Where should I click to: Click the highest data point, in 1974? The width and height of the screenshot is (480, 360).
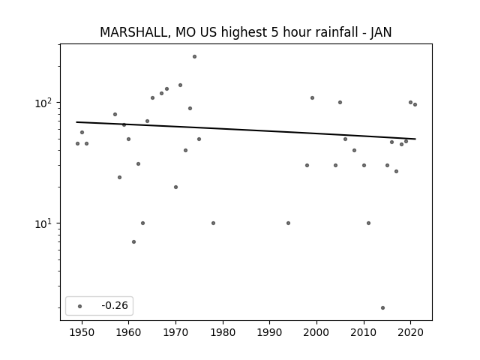(x=194, y=57)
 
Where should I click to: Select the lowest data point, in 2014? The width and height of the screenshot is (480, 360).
(x=382, y=307)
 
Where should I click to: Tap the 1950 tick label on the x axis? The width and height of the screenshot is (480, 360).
(x=82, y=332)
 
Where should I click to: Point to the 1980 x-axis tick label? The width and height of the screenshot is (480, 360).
(x=223, y=332)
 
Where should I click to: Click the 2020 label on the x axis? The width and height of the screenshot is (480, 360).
(x=410, y=332)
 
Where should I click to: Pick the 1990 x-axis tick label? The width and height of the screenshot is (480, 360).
(x=270, y=332)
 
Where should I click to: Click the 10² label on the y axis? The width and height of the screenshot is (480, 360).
(x=43, y=103)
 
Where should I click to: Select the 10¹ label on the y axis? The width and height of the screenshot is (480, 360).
(x=43, y=223)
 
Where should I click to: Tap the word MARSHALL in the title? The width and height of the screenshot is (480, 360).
(x=133, y=32)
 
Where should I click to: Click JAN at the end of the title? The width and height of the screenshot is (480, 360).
(x=381, y=32)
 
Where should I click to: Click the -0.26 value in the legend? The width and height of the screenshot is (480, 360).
(x=115, y=305)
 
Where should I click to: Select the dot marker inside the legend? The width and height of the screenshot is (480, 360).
(x=80, y=306)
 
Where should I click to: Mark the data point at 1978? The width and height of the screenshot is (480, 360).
(x=213, y=223)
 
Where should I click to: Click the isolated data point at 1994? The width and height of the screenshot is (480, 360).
(x=288, y=223)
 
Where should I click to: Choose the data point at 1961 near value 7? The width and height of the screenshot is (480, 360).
(x=133, y=241)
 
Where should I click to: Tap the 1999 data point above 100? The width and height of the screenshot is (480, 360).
(x=312, y=98)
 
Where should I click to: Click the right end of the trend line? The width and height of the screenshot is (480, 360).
(x=415, y=139)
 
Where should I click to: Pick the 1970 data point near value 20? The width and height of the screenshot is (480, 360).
(x=175, y=187)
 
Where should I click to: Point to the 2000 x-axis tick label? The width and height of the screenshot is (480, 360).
(x=316, y=332)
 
